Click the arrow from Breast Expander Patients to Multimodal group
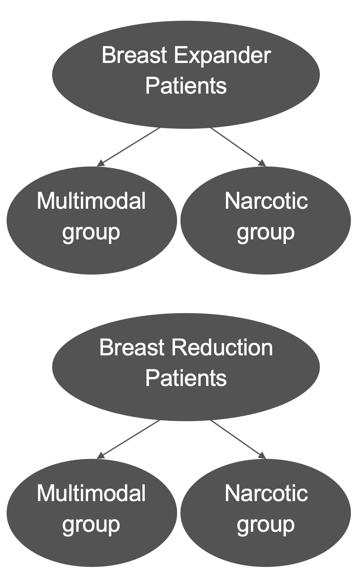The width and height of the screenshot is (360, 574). [129, 147]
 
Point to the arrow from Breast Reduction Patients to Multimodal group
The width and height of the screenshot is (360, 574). [129, 439]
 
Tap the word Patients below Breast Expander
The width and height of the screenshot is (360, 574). [186, 86]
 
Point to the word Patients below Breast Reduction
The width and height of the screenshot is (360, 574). [186, 378]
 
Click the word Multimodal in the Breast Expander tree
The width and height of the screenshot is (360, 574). [91, 201]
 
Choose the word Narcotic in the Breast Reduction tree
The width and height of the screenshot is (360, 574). [266, 493]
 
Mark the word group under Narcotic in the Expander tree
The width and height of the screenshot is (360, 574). [266, 233]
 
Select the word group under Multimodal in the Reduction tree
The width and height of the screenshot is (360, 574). [91, 525]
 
